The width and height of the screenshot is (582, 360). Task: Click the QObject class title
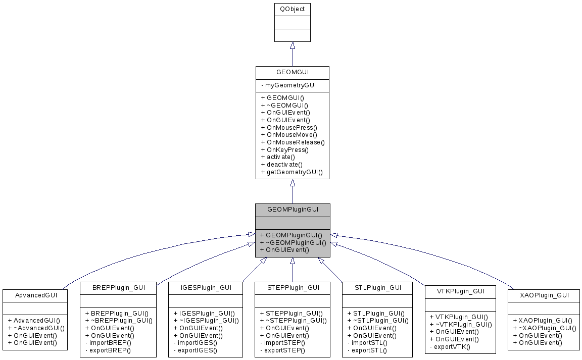click(292, 9)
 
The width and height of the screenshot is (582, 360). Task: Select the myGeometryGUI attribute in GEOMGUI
click(290, 85)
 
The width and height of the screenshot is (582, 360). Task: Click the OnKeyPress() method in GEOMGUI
click(284, 150)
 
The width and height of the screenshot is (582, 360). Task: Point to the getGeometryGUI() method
click(292, 172)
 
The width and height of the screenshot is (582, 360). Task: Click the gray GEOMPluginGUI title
click(293, 209)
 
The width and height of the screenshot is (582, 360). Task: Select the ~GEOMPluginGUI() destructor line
click(293, 242)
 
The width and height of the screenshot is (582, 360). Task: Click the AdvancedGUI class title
click(36, 295)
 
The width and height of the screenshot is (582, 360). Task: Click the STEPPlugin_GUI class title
click(293, 287)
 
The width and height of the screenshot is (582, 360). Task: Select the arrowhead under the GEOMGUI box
click(292, 183)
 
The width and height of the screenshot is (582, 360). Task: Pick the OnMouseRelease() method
click(293, 142)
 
